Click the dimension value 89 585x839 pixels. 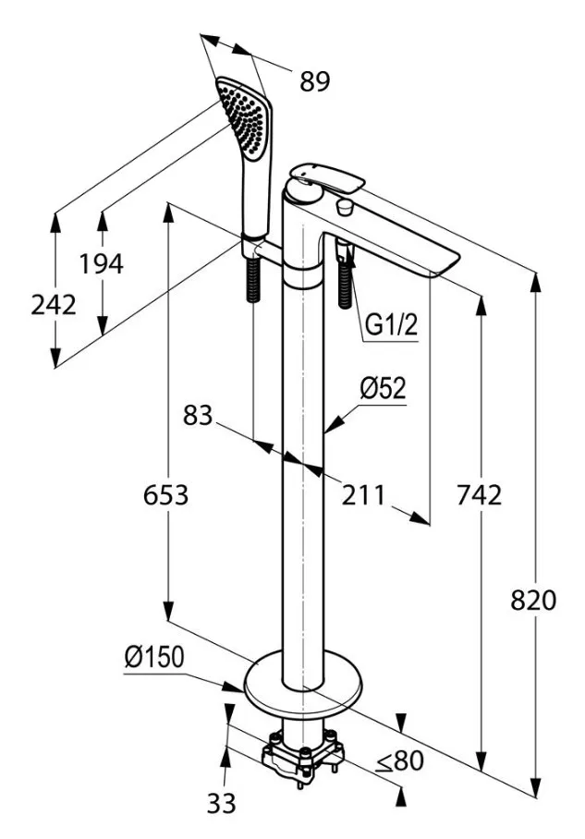point(314,81)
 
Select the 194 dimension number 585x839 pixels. point(101,264)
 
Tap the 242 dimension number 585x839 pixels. point(54,304)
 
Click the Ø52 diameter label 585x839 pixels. point(383,389)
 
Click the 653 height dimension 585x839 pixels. point(165,495)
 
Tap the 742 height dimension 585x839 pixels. point(480,495)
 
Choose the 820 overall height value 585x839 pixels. point(534,601)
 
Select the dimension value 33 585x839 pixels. point(220,804)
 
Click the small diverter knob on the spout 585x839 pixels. point(347,205)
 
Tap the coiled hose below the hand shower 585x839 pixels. point(253,282)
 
